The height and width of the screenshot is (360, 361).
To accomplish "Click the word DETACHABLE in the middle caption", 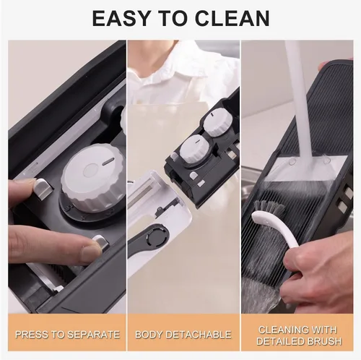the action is (199, 335).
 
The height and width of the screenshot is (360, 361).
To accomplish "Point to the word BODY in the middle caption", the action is (149, 335).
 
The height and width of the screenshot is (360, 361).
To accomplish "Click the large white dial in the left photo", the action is (93, 178).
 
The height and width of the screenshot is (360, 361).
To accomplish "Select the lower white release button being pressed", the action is (101, 243).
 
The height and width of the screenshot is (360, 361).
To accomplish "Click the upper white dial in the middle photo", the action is (218, 122).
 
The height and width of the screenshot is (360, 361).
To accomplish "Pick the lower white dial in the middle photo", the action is (196, 149).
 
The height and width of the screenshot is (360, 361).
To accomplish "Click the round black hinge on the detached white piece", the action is (157, 237).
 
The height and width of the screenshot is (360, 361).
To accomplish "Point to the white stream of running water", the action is (300, 101).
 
